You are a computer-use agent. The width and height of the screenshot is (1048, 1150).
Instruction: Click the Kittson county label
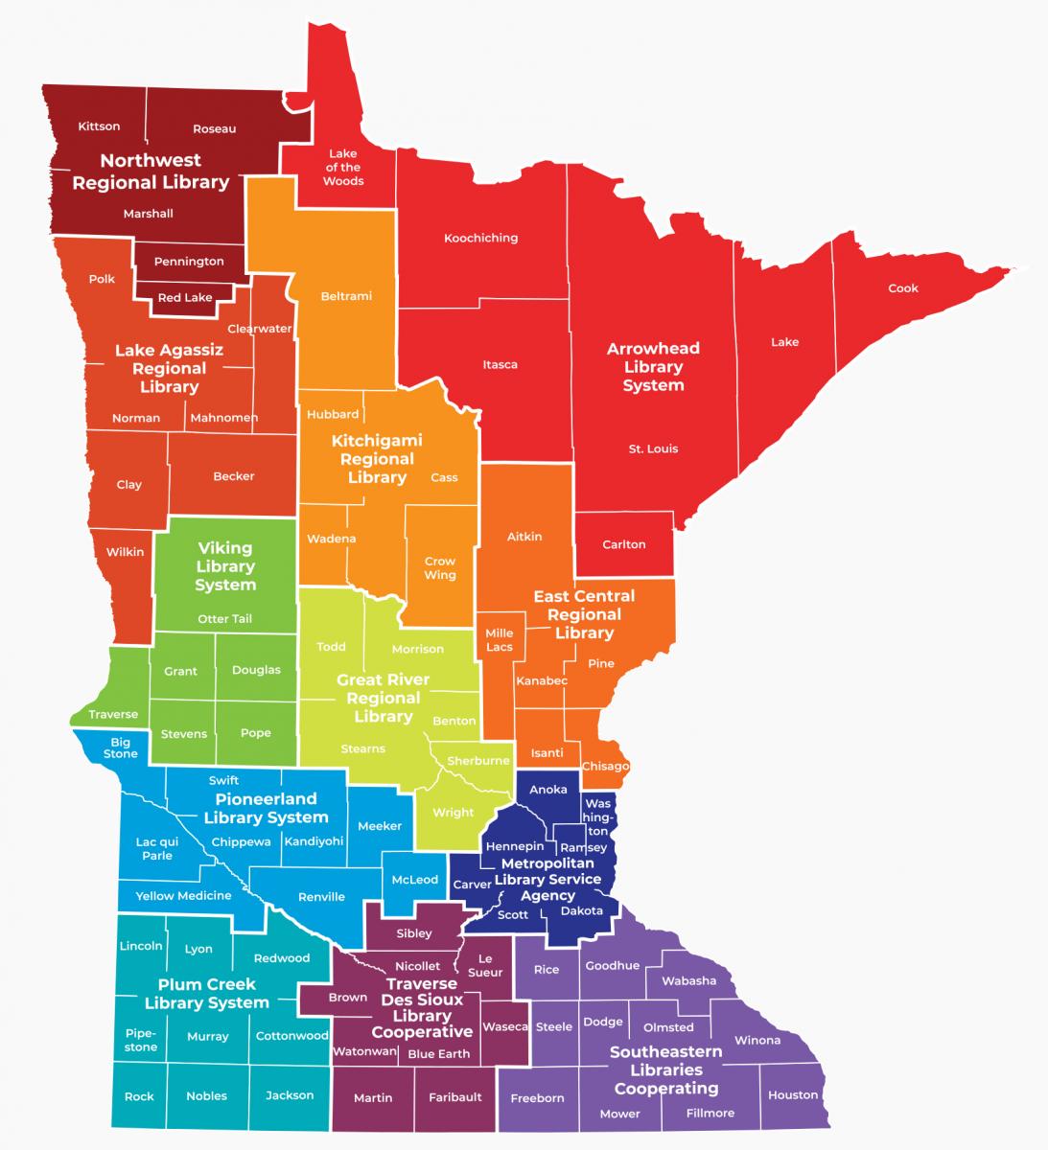tap(99, 126)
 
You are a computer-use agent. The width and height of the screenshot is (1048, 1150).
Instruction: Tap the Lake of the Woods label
tap(342, 167)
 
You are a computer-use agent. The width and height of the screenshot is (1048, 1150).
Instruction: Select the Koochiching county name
tap(480, 238)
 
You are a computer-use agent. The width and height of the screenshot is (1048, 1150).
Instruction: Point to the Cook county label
tap(902, 287)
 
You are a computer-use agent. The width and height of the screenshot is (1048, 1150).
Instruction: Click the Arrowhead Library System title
tap(653, 367)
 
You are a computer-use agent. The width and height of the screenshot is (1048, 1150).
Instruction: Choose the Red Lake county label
tap(185, 297)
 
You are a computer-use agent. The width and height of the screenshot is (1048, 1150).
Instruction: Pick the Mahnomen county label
tap(223, 418)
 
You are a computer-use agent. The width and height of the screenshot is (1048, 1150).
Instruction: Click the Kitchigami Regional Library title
tap(377, 459)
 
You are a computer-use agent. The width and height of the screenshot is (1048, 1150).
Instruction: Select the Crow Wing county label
tap(440, 568)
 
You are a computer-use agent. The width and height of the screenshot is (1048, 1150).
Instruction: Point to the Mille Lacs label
tap(500, 639)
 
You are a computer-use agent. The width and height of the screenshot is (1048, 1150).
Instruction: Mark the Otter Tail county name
tap(225, 619)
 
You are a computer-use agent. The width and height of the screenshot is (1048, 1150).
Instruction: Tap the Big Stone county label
tap(121, 747)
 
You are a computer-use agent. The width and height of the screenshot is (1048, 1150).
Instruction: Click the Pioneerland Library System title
tap(266, 808)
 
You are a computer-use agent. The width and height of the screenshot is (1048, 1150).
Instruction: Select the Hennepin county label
tap(515, 846)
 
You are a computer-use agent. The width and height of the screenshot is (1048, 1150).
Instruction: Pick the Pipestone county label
tap(141, 1040)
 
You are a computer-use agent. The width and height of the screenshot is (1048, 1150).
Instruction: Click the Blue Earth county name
tap(439, 1054)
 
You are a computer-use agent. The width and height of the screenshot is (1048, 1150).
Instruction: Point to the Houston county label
tap(793, 1094)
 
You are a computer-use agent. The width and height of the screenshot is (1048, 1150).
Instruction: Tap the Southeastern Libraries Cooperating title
tap(665, 1069)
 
